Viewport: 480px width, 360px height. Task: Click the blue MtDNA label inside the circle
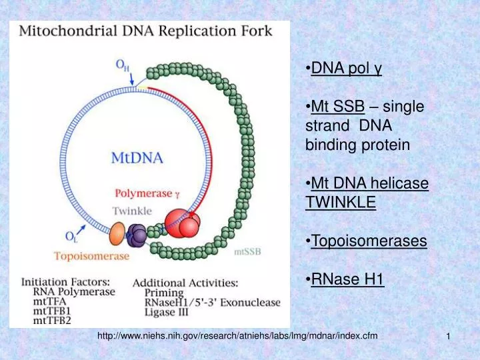(x=136, y=159)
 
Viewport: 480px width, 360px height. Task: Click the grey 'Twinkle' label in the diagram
(x=131, y=211)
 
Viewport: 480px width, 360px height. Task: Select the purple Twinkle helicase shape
(x=137, y=233)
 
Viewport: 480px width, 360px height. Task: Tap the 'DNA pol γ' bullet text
(x=346, y=68)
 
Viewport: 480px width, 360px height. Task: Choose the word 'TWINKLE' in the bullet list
(x=340, y=202)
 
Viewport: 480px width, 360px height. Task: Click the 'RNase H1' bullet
(x=347, y=279)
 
